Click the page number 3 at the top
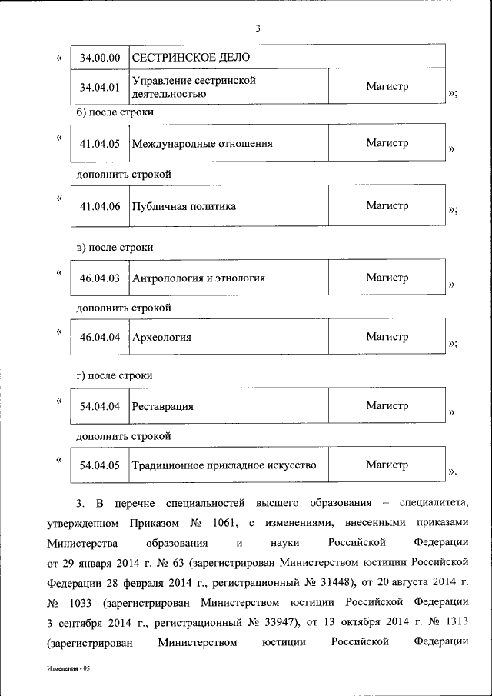259,29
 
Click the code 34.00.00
100,58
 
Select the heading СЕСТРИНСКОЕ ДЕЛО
191,58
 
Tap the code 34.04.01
100,87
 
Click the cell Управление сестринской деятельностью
194,87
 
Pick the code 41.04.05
100,143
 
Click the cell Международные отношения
202,143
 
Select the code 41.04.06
100,206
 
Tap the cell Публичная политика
184,206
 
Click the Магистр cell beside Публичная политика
387,206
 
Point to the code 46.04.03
100,278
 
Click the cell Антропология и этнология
199,278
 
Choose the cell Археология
161,337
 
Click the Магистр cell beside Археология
387,337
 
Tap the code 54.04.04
100,405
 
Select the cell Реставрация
162,405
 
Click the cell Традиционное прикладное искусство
224,465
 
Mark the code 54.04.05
100,465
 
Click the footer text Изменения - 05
68,669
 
